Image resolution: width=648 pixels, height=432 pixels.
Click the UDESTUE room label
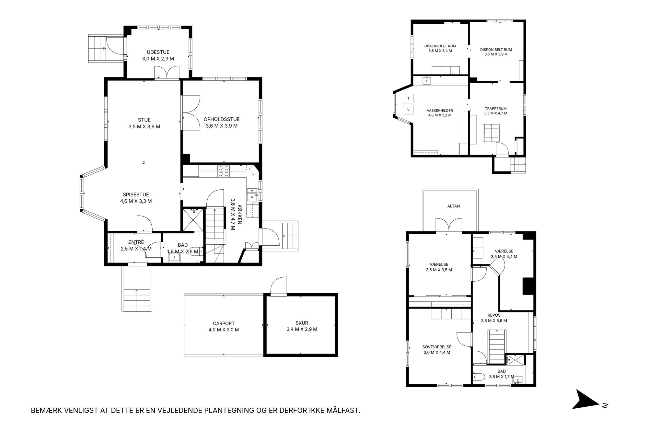pos(158,52)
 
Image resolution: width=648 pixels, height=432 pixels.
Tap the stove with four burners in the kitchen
pos(224,171)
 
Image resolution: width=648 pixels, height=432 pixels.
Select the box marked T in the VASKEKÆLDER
pos(408,98)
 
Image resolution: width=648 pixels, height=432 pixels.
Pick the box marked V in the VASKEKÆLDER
pos(408,110)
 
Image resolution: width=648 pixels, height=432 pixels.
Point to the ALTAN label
pos(454,206)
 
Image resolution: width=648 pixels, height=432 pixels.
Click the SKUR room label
pos(302,323)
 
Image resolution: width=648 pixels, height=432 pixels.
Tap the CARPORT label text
pos(224,323)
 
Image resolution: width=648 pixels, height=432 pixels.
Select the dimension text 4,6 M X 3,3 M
pos(136,201)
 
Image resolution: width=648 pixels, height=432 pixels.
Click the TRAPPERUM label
pos(496,109)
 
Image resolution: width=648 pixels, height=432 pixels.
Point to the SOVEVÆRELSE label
pos(437,347)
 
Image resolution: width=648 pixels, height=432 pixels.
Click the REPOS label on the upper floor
pos(494,315)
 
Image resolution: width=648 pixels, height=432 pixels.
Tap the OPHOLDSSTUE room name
pos(222,119)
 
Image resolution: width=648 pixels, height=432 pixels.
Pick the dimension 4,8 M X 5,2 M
pos(440,115)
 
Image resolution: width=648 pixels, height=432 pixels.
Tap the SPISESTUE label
pos(136,195)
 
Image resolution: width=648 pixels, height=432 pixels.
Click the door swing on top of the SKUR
pos(279,285)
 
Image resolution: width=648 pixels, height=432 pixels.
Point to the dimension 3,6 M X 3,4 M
pos(440,51)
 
